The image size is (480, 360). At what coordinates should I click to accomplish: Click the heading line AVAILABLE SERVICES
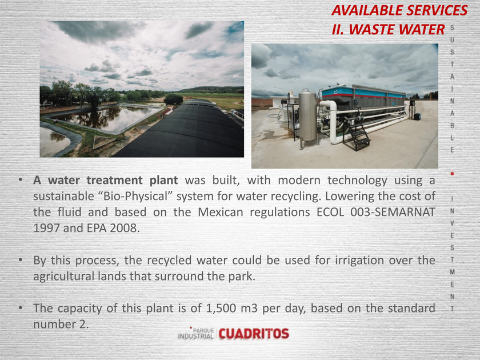click(399, 10)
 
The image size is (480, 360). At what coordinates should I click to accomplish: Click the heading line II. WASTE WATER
click(388, 29)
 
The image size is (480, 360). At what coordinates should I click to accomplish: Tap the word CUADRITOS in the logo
click(254, 334)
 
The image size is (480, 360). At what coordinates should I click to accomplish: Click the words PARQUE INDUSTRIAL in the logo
click(196, 333)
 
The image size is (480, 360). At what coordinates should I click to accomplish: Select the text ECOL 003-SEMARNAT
click(376, 212)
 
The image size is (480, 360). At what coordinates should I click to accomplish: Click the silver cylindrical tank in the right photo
click(307, 115)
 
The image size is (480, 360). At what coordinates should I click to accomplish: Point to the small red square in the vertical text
click(452, 174)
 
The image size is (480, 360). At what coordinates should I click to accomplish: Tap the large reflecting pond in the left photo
click(106, 118)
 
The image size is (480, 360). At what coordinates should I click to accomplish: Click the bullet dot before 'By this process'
click(21, 260)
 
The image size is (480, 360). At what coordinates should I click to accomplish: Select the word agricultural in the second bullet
click(63, 277)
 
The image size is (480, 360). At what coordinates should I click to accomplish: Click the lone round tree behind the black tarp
click(174, 99)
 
